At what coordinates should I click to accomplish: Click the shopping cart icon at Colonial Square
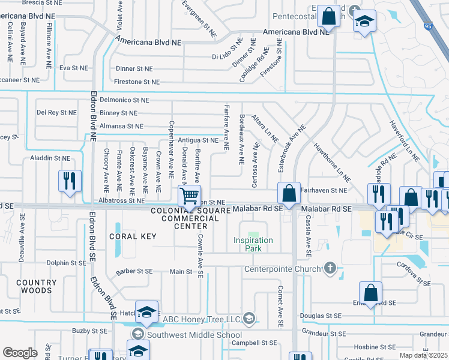(x=189, y=195)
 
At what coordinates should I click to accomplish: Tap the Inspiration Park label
(x=253, y=245)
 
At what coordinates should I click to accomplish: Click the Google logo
(x=20, y=353)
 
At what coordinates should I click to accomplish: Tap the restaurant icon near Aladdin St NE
(x=70, y=181)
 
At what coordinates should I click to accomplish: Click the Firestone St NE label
(x=137, y=82)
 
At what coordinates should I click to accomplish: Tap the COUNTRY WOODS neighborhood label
(x=34, y=286)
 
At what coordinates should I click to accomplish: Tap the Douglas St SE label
(x=321, y=316)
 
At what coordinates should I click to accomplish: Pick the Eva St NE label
(x=73, y=68)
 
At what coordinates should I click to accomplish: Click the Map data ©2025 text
(x=424, y=355)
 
